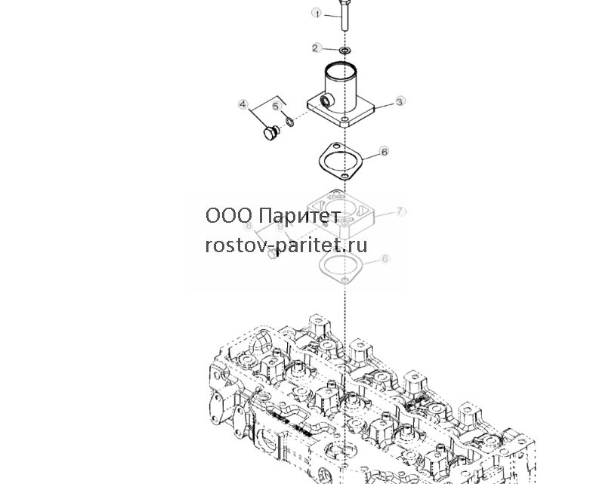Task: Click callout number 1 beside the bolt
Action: tap(317, 14)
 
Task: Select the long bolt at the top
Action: tap(344, 15)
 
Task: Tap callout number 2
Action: tap(316, 48)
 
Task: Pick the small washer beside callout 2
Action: tap(345, 50)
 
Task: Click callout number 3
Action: tap(400, 101)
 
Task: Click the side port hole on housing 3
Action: tap(325, 100)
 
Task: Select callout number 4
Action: tap(243, 104)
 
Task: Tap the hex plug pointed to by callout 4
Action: tap(270, 133)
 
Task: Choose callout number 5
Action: tap(277, 106)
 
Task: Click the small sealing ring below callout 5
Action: tap(289, 122)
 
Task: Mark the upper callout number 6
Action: tap(384, 152)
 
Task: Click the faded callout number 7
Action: tap(400, 211)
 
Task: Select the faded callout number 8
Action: tap(248, 226)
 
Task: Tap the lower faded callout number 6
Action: tap(385, 259)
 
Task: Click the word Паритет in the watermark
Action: tap(300, 216)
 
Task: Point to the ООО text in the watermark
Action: tap(228, 216)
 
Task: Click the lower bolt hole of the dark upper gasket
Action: tap(344, 176)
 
